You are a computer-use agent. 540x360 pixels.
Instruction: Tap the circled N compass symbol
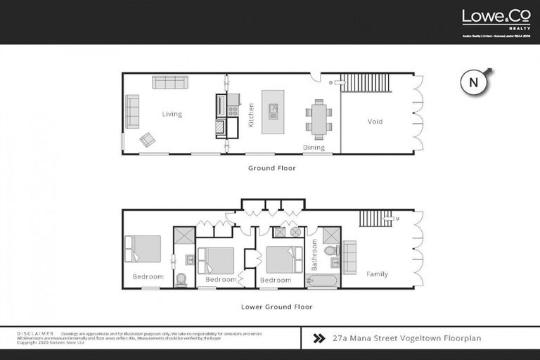474,82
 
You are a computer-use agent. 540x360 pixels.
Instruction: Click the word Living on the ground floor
172,114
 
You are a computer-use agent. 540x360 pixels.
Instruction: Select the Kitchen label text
251,115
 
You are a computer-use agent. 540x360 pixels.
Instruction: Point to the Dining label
314,148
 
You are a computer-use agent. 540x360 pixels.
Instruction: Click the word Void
375,122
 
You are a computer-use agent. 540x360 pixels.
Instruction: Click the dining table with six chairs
319,118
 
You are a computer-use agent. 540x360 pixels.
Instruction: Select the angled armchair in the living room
148,139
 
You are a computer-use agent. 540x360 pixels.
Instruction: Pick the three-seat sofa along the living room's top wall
169,82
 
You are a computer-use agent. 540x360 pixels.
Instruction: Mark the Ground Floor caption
271,168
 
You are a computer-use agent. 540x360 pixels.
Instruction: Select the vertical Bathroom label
314,255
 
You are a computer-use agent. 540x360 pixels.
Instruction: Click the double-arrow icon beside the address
318,338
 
